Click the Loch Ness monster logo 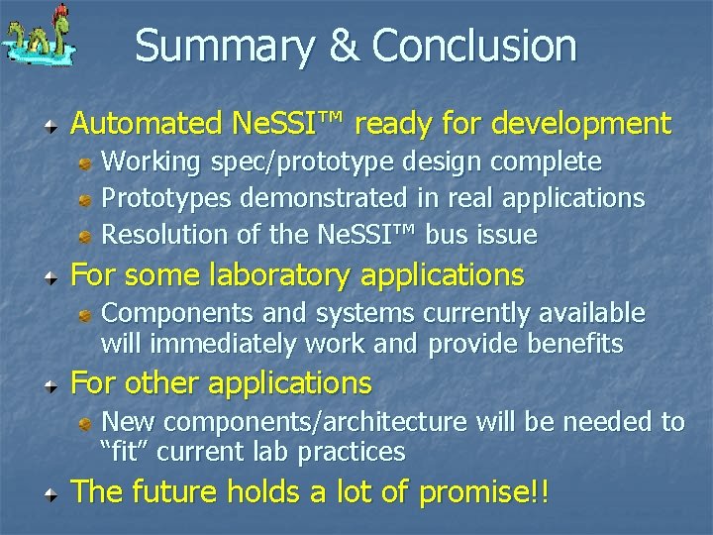[x=39, y=40]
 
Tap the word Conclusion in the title [x=474, y=46]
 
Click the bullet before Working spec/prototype [x=88, y=161]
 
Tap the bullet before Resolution [x=88, y=236]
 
